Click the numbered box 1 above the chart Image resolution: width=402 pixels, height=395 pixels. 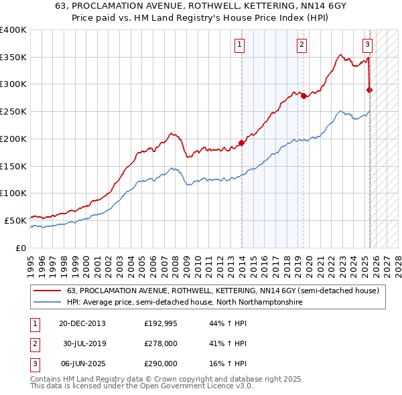tap(239, 45)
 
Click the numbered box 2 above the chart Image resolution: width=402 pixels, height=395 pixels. tap(302, 45)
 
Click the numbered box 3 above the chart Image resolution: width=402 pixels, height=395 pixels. tap(368, 45)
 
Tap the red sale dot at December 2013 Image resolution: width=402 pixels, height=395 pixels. tap(241, 143)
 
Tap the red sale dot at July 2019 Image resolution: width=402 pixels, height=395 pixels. tap(304, 96)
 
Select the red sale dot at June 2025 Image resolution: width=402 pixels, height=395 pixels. tap(369, 89)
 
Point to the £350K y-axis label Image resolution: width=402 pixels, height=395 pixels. tap(13, 58)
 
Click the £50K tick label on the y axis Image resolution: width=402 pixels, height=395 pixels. tap(15, 220)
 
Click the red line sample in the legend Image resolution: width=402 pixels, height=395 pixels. tap(47, 291)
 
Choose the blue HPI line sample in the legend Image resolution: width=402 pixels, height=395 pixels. tap(47, 303)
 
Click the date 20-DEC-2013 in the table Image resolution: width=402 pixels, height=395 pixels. tap(82, 323)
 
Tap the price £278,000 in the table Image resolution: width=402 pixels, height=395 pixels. tap(161, 343)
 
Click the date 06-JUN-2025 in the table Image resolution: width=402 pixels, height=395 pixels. tap(82, 364)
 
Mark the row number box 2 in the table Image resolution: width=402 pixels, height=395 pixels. tap(34, 343)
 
